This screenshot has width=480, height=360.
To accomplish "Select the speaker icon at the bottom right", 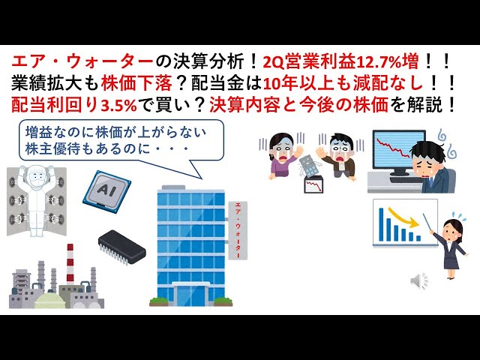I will [418, 280].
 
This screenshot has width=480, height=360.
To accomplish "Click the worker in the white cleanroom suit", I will [33, 199].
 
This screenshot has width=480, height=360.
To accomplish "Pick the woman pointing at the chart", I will [454, 244].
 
